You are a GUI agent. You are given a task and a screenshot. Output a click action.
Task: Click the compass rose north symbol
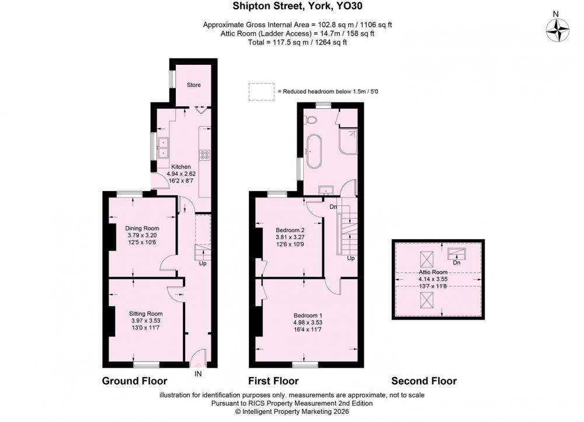[x=558, y=30]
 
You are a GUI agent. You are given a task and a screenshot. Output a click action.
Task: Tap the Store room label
[x=194, y=85]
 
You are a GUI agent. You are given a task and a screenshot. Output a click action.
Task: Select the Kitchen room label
[x=180, y=167]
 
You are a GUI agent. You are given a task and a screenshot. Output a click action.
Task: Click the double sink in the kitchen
[x=163, y=148]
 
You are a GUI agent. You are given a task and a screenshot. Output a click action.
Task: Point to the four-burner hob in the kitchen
[x=204, y=155]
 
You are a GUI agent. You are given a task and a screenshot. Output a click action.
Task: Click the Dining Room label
[x=142, y=228]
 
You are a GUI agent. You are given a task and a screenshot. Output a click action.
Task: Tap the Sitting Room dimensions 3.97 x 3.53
[x=145, y=321]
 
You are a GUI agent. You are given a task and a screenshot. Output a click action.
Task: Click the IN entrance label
[x=198, y=373]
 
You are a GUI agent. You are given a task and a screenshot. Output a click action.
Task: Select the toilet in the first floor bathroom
[x=310, y=120]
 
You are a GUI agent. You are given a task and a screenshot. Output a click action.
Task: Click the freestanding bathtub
[x=315, y=151]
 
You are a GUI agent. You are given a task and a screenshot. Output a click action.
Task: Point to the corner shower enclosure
[x=348, y=142]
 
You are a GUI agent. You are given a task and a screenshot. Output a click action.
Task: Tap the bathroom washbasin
[x=327, y=190]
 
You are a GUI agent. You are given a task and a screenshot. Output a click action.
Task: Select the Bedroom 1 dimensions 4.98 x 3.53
[x=308, y=323]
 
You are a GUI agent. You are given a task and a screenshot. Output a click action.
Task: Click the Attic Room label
[x=433, y=272]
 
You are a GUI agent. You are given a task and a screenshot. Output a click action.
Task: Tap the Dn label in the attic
[x=457, y=262]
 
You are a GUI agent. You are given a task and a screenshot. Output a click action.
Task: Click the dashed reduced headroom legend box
[x=262, y=92]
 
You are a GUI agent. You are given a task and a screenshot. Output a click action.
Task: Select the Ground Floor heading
[x=134, y=381]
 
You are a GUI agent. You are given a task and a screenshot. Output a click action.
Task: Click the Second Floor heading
[x=424, y=381]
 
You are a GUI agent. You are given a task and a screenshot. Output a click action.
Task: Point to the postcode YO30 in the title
[x=349, y=6]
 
